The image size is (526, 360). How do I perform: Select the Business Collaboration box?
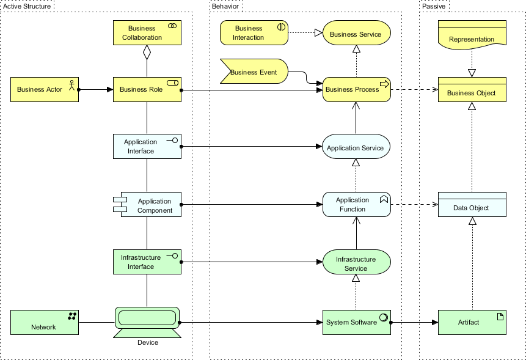tap(147, 33)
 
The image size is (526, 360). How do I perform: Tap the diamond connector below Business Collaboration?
tap(147, 53)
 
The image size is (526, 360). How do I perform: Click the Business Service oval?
tap(356, 34)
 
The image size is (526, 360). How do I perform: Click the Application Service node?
tap(356, 147)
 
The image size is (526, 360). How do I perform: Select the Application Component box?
tap(149, 205)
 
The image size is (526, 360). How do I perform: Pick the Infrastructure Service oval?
tap(356, 263)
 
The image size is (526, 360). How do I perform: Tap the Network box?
tap(45, 322)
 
